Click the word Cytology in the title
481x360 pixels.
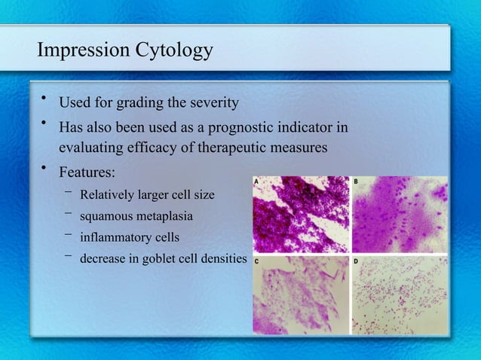click(x=175, y=52)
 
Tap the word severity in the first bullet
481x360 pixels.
click(x=213, y=102)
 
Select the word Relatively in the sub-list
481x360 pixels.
click(x=109, y=195)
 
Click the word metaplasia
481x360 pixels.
click(x=166, y=217)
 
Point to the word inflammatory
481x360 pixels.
click(x=115, y=238)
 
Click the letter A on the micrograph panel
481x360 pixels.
click(x=258, y=182)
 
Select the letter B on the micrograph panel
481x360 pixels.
click(x=357, y=182)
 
